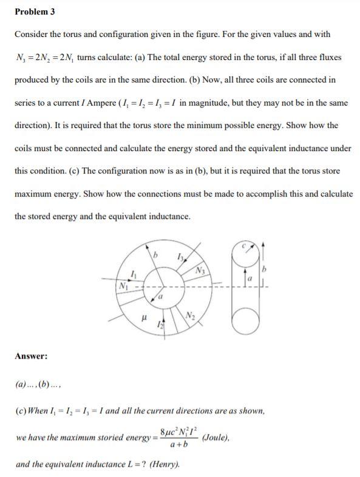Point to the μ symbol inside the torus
click(143, 316)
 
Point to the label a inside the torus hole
click(160, 297)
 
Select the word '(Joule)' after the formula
click(217, 438)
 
